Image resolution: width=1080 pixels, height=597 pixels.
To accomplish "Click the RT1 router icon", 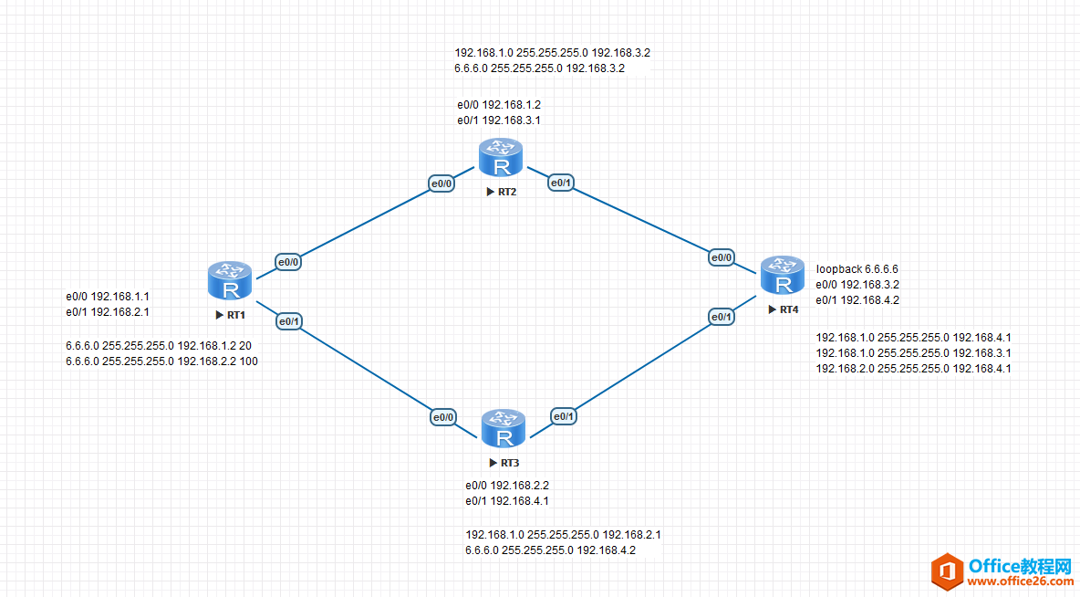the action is point(229,280).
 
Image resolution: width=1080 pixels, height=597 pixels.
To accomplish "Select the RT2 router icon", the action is point(501,157).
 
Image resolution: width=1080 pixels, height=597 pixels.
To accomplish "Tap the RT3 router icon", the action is point(504,428).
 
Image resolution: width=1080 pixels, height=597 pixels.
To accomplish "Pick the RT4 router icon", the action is point(783,275).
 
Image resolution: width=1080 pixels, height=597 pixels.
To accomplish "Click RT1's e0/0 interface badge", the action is point(288,262).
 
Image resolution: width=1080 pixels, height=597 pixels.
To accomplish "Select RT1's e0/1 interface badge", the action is point(289,321).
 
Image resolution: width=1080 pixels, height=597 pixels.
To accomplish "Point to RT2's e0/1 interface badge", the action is point(561,183).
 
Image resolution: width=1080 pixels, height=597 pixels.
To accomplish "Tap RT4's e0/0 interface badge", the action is point(722,257).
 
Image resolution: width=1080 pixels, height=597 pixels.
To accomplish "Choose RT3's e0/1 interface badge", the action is point(564,416).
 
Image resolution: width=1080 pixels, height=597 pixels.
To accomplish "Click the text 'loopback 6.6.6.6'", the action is point(857,269).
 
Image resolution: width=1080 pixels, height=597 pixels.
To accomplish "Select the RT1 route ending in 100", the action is point(161,361).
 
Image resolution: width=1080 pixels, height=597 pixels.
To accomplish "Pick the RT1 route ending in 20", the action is point(159,345).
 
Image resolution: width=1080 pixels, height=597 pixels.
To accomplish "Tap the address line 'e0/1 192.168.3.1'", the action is point(499,120).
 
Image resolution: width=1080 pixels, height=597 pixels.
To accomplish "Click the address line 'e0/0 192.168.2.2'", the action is point(507,486).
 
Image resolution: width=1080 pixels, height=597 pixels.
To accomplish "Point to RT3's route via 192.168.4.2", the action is point(550,550).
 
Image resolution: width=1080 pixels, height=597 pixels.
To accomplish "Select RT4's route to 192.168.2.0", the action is point(913,369).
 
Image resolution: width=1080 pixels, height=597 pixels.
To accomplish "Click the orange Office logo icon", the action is point(947,571).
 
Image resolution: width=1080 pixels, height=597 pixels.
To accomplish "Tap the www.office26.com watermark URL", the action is point(1020,582).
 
